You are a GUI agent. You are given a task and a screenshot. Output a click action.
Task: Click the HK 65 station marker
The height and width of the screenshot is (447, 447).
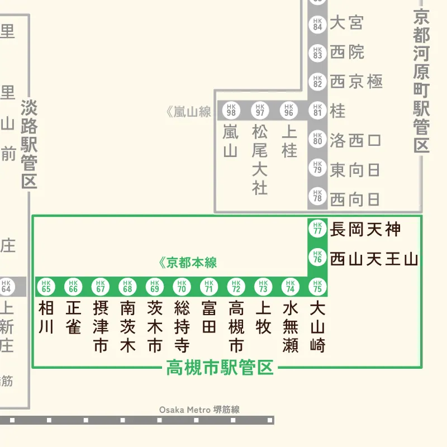tap(46, 287)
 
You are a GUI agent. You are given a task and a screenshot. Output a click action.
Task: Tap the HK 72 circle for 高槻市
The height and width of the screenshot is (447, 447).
tap(236, 287)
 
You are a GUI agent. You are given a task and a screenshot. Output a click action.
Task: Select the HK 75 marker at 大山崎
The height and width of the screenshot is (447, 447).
tap(317, 287)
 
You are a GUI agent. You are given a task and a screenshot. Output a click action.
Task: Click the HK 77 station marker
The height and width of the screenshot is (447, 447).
tap(317, 229)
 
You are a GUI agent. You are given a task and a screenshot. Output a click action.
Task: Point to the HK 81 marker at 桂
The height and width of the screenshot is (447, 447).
tap(317, 111)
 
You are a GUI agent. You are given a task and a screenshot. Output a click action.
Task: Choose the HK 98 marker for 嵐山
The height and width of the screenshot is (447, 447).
tap(231, 111)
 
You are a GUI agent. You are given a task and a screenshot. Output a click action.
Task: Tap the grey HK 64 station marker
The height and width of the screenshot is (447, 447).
tap(6, 287)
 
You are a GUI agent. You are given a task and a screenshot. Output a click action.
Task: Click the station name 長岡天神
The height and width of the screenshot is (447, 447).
tap(365, 229)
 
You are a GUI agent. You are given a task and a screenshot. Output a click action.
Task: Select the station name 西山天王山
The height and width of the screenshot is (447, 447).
tap(374, 259)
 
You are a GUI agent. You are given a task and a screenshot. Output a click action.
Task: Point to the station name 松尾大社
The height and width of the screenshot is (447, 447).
tap(260, 160)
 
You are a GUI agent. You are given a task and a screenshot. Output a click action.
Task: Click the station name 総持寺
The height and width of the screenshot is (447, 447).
tap(182, 326)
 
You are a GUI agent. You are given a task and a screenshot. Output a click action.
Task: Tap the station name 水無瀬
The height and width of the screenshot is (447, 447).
tap(291, 326)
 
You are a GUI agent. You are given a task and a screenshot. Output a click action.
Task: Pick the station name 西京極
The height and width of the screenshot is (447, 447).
tap(356, 82)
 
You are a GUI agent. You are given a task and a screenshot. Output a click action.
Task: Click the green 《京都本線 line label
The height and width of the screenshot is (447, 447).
tap(188, 263)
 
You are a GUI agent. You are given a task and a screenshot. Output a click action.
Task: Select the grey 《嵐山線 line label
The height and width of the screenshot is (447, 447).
tap(188, 112)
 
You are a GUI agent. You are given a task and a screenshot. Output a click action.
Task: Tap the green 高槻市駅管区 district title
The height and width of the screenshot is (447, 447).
tap(220, 368)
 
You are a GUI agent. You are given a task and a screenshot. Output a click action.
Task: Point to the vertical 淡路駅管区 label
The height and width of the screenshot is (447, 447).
tap(28, 144)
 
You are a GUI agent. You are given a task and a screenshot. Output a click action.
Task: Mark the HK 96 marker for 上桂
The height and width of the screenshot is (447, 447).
tap(289, 111)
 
